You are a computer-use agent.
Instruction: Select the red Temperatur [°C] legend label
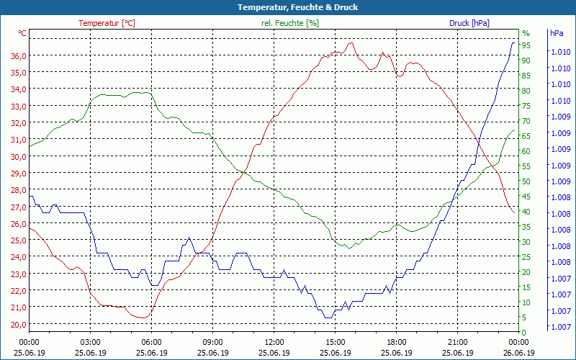coord(107,23)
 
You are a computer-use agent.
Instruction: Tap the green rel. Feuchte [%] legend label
coord(289,23)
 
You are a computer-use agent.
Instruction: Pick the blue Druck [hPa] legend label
coord(469,23)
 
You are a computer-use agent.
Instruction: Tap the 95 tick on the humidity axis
coord(526,45)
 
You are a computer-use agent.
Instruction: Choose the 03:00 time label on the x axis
coord(90,343)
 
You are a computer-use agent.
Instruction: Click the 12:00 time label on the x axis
coord(274,343)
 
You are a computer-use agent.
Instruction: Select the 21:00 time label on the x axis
coord(458,343)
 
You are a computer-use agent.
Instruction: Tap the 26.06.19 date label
coord(519,353)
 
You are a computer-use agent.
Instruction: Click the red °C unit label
coord(22,33)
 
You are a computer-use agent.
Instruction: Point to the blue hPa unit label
coord(557,33)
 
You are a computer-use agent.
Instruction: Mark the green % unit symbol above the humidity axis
coord(526,33)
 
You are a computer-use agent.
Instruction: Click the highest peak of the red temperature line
coord(351,42)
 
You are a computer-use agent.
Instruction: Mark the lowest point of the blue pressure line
coord(328,318)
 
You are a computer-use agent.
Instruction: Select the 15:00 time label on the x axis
coord(336,343)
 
